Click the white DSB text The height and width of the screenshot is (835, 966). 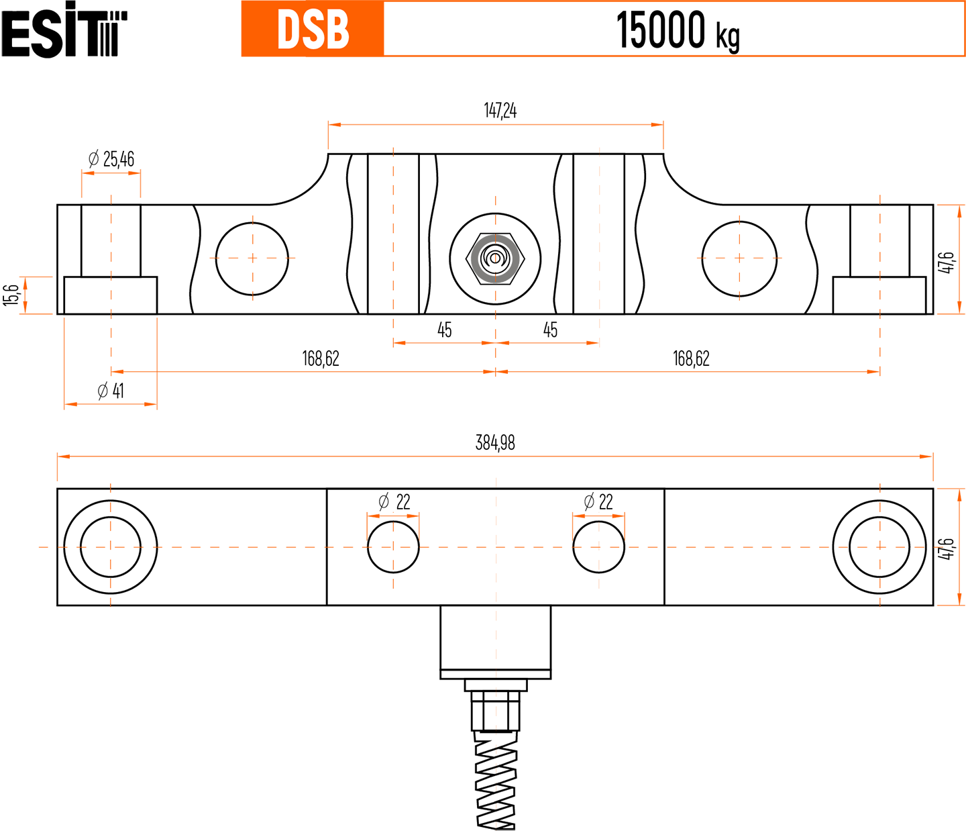313,30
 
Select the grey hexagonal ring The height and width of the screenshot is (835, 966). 495,258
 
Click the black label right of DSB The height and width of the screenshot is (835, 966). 679,30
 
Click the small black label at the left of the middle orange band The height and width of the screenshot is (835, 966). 109,387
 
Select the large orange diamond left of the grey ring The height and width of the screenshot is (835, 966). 252,258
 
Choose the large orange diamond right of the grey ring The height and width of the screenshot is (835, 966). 739,258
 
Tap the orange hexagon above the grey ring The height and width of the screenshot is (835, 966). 496,191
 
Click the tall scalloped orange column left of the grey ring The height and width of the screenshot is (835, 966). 393,232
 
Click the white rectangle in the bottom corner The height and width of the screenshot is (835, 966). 825,762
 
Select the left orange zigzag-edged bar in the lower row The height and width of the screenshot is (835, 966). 238,547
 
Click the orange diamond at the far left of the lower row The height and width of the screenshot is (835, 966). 111,547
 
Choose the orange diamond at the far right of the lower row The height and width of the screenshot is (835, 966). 880,547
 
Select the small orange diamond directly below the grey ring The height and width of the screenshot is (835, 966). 496,295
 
